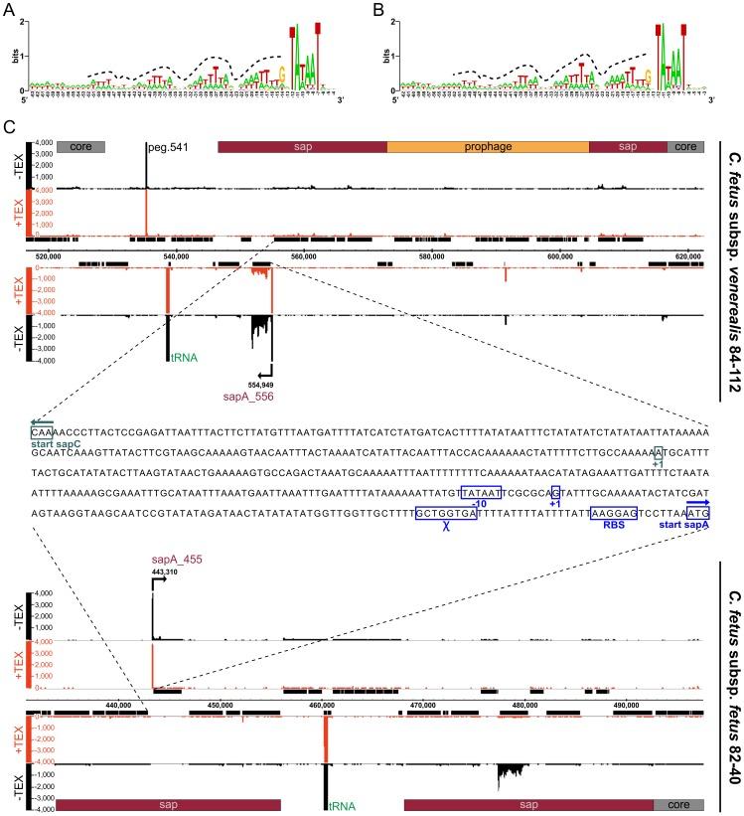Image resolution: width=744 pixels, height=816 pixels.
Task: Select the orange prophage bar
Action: tap(488, 146)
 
